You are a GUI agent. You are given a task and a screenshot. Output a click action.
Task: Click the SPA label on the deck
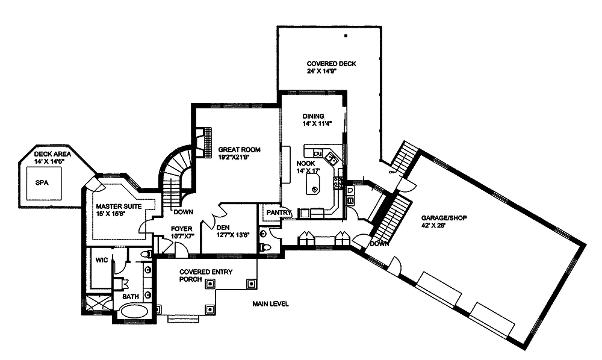[x=41, y=182]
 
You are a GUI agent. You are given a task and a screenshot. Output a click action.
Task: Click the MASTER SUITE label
[x=118, y=206]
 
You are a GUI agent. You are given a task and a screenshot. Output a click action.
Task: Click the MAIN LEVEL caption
[x=270, y=304]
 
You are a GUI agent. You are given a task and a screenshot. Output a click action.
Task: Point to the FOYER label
[x=181, y=228]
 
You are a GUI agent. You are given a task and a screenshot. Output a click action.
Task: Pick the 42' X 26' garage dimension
[x=435, y=226]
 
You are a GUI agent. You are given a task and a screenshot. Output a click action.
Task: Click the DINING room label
[x=313, y=116]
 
